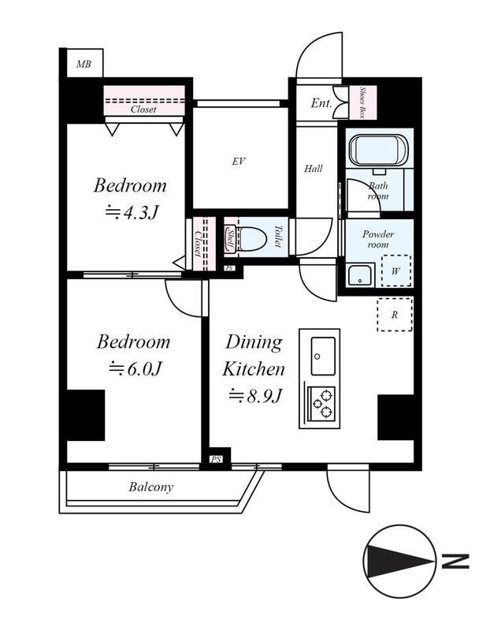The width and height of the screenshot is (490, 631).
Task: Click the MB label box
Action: (84, 63)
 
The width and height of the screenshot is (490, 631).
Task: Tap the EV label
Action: (239, 162)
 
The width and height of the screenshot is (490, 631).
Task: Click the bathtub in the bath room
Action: (379, 150)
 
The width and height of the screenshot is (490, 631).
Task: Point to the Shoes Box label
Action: (362, 102)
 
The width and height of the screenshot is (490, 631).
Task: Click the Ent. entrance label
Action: (321, 103)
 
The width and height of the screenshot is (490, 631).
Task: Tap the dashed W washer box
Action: (396, 271)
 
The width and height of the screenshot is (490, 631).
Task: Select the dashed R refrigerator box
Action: (395, 315)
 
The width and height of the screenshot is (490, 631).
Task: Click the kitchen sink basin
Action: (323, 356)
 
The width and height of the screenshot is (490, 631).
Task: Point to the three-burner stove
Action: (321, 403)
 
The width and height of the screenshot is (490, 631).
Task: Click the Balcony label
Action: (151, 487)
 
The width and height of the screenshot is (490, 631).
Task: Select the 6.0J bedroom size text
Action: (135, 368)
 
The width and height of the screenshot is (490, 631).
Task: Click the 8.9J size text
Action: (254, 396)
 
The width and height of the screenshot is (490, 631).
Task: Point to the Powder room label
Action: (378, 240)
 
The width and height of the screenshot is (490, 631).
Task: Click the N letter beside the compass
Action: (455, 562)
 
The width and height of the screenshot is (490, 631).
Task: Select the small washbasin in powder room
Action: (360, 275)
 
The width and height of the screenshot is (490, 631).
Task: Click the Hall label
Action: (313, 169)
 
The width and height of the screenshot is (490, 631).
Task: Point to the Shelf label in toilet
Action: (230, 237)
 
